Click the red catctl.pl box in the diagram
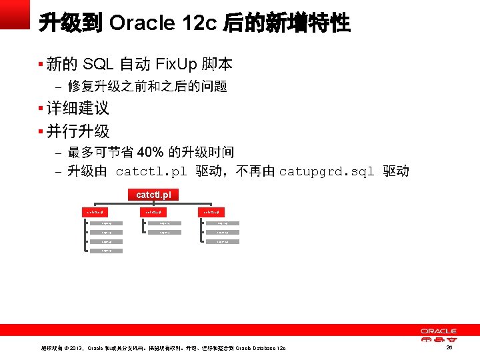pyautogui.click(x=153, y=195)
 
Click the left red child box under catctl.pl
pyautogui.click(x=93, y=212)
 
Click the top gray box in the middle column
pyautogui.click(x=165, y=223)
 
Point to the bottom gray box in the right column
pyautogui.click(x=223, y=241)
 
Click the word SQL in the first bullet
pyautogui.click(x=98, y=65)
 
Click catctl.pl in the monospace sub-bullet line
pyautogui.click(x=152, y=172)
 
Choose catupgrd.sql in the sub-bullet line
pyautogui.click(x=327, y=172)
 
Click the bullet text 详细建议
pyautogui.click(x=78, y=108)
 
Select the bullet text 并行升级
pyautogui.click(x=78, y=131)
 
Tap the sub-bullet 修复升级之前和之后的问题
pyautogui.click(x=148, y=86)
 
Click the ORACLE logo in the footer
pyautogui.click(x=438, y=331)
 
